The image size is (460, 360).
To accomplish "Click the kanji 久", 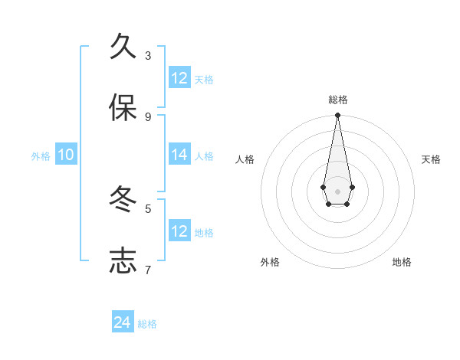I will pyautogui.click(x=123, y=47).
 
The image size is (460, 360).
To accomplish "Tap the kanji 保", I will pyautogui.click(x=123, y=108).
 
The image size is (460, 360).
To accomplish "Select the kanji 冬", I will pyautogui.click(x=123, y=200).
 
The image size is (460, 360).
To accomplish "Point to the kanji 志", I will pyautogui.click(x=123, y=260).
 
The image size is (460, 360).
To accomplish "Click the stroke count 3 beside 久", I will pyautogui.click(x=148, y=55).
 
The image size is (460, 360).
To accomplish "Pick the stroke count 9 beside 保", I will pyautogui.click(x=148, y=116).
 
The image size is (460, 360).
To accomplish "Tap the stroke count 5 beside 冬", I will pyautogui.click(x=148, y=208).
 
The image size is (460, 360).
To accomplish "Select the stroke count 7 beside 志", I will pyautogui.click(x=148, y=270).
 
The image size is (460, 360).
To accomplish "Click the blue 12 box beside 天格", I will pyautogui.click(x=179, y=78).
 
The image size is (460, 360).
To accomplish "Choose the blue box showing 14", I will pyautogui.click(x=179, y=155).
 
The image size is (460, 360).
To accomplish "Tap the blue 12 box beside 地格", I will pyautogui.click(x=179, y=231).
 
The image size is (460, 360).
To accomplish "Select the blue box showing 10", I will pyautogui.click(x=66, y=155).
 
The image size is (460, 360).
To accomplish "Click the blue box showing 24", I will pyautogui.click(x=123, y=322).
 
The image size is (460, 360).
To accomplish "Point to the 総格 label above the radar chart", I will pyautogui.click(x=338, y=100).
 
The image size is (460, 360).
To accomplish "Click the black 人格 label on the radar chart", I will pyautogui.click(x=245, y=159).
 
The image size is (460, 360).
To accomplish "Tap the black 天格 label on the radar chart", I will pyautogui.click(x=431, y=159).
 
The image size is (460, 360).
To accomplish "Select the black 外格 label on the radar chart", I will pyautogui.click(x=270, y=262).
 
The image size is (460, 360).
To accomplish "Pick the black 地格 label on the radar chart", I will pyautogui.click(x=402, y=262).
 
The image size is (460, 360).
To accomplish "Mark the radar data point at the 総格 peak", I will pyautogui.click(x=337, y=115).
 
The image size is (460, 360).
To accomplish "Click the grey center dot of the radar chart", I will pyautogui.click(x=337, y=191).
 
